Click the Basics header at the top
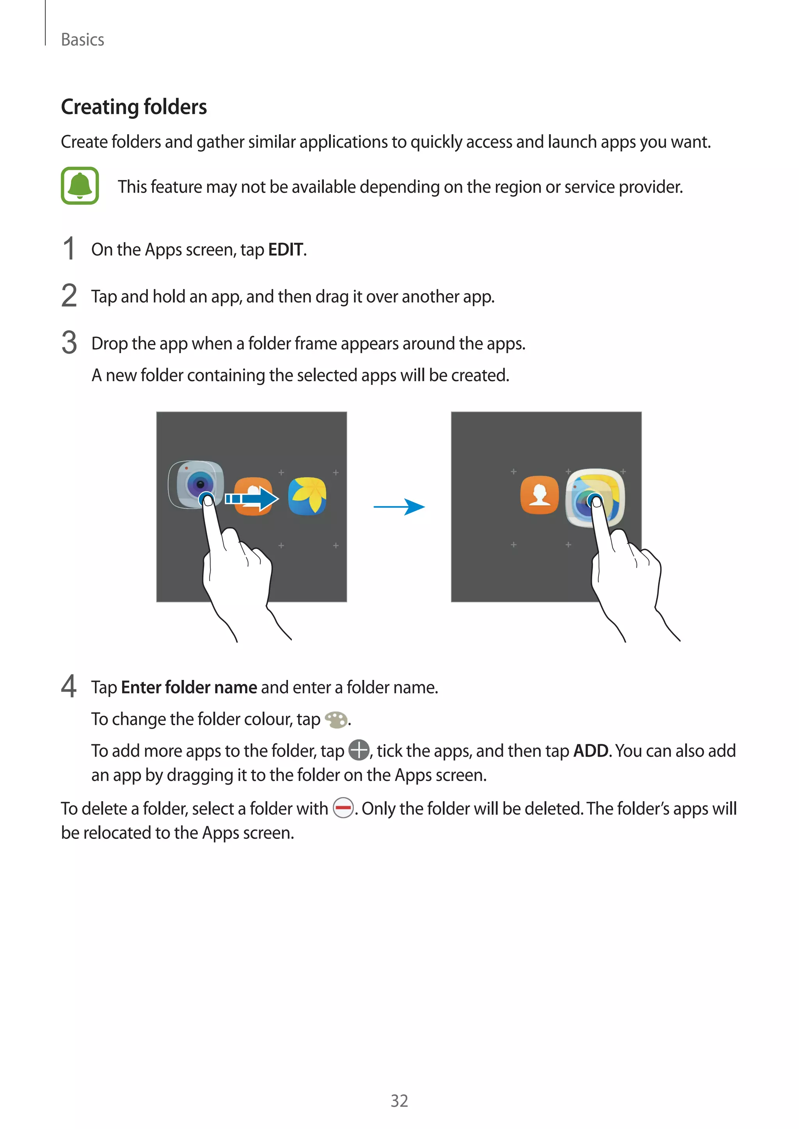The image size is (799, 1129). [x=82, y=40]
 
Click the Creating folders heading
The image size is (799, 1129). [x=134, y=107]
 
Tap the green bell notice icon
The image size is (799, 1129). [x=80, y=186]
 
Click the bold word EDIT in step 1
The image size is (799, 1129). [x=285, y=250]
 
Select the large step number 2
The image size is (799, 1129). [x=69, y=296]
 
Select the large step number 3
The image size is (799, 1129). [x=69, y=342]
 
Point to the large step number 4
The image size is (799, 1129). [x=69, y=686]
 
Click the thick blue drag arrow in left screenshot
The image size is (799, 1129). [x=252, y=499]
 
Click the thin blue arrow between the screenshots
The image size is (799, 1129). [x=399, y=506]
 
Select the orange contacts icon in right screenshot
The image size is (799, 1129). [x=539, y=495]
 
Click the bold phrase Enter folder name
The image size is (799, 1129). [x=189, y=687]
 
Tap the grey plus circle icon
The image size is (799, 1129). [x=359, y=750]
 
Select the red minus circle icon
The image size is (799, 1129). [x=343, y=807]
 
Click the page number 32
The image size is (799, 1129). [x=399, y=1101]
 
